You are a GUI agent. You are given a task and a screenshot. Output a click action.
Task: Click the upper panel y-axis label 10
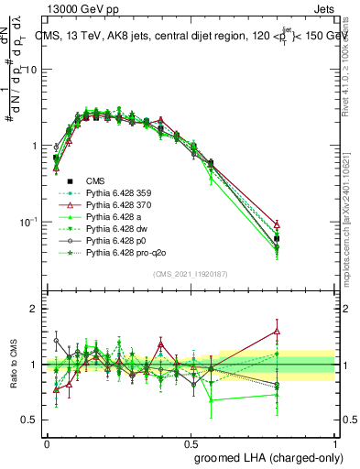pyautogui.click(x=31, y=70)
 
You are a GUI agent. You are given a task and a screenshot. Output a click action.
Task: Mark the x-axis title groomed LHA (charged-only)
pyautogui.click(x=264, y=455)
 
